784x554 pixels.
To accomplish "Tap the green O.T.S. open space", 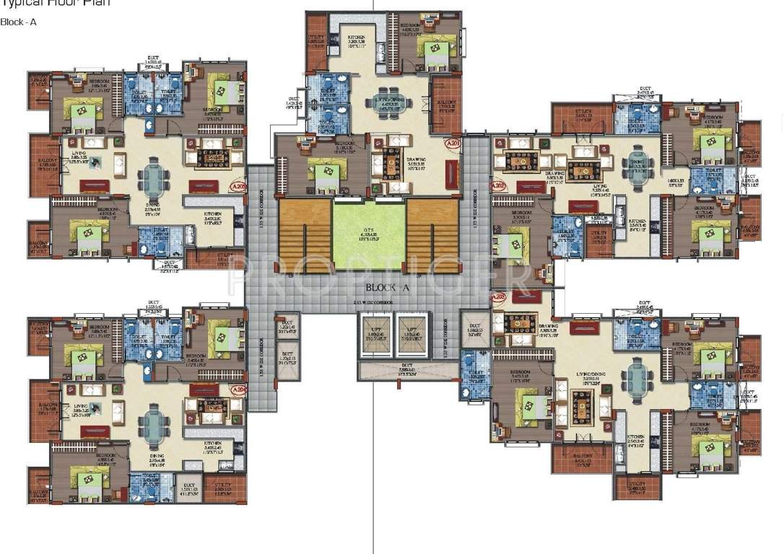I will click(370, 234).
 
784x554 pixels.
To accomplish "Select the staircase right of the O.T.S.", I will click(432, 234).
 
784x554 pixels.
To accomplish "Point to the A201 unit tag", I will click(453, 144).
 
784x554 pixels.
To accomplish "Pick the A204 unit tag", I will click(237, 390).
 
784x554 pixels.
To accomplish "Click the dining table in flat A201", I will click(390, 105).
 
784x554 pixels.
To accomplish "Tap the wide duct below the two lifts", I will click(409, 371).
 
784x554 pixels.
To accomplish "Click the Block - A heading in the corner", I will click(19, 22).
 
